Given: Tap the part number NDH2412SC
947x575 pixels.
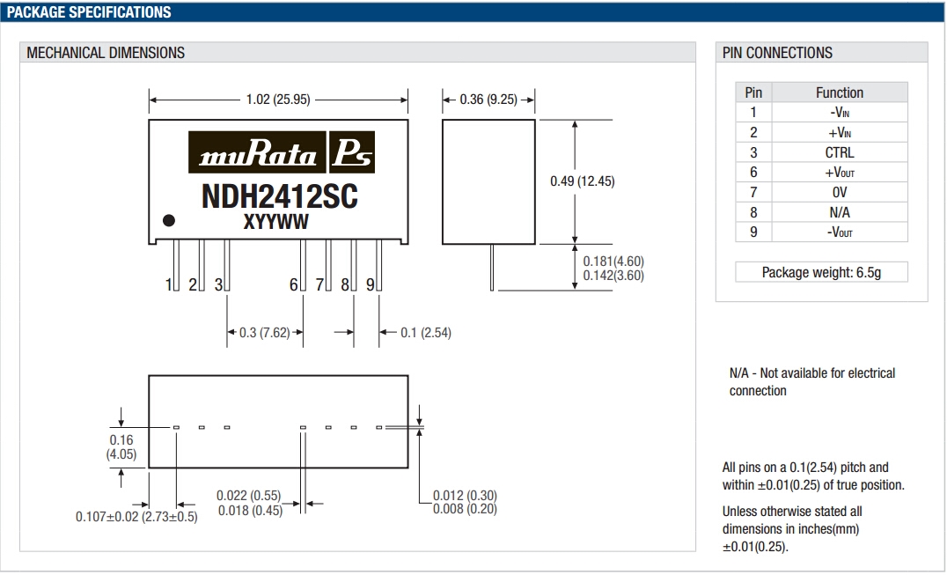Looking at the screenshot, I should (280, 195).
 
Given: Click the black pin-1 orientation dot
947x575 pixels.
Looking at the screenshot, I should (169, 220).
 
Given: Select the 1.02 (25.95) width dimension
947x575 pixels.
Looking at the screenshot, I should (278, 100).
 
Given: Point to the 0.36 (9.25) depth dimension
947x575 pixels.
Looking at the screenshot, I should (488, 100).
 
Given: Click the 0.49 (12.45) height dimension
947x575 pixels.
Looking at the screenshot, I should (583, 181).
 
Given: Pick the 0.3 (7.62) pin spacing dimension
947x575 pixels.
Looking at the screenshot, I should (265, 333).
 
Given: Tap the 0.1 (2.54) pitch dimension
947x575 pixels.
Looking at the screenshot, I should (426, 333).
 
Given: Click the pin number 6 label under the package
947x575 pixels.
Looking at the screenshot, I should (293, 284).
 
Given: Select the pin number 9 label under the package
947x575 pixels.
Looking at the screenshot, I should (371, 284).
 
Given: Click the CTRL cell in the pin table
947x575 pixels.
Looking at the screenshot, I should (839, 152).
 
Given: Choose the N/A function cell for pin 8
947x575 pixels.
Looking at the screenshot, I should (839, 212).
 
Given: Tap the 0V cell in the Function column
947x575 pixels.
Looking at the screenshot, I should (839, 192).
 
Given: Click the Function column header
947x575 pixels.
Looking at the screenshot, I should (839, 92).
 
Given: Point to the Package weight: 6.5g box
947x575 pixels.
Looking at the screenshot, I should (821, 272).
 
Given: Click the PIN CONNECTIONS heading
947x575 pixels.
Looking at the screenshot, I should (777, 53).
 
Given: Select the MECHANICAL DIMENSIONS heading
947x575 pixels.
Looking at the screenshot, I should (106, 53).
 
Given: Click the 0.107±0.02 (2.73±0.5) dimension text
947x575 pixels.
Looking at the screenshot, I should (136, 517).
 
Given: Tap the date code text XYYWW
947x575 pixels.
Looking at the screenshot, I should (276, 223).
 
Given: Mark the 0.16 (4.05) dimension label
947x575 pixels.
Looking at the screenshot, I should (121, 446).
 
